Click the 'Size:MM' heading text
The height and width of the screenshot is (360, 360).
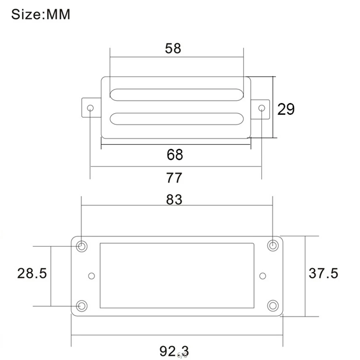[x=41, y=15]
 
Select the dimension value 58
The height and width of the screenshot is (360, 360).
[x=173, y=48]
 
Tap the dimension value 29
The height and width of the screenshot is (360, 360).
[x=286, y=109]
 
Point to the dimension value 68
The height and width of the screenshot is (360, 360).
[x=175, y=155]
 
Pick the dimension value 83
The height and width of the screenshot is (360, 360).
[x=174, y=200]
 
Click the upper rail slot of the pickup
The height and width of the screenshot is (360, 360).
[x=176, y=94]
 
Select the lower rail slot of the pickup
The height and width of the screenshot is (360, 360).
[x=176, y=119]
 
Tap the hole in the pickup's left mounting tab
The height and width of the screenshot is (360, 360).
[x=90, y=108]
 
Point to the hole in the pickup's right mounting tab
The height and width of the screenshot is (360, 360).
[x=262, y=108]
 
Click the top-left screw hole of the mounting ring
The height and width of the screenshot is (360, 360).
[x=82, y=246]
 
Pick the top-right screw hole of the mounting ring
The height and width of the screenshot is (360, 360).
[x=273, y=246]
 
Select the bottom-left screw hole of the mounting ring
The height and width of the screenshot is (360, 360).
[x=82, y=306]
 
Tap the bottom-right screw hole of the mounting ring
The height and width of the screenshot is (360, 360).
[x=273, y=305]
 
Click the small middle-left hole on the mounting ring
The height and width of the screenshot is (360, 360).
[x=91, y=276]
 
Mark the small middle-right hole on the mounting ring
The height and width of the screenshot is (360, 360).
[x=263, y=276]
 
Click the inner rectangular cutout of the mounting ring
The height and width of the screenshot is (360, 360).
[x=177, y=275]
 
